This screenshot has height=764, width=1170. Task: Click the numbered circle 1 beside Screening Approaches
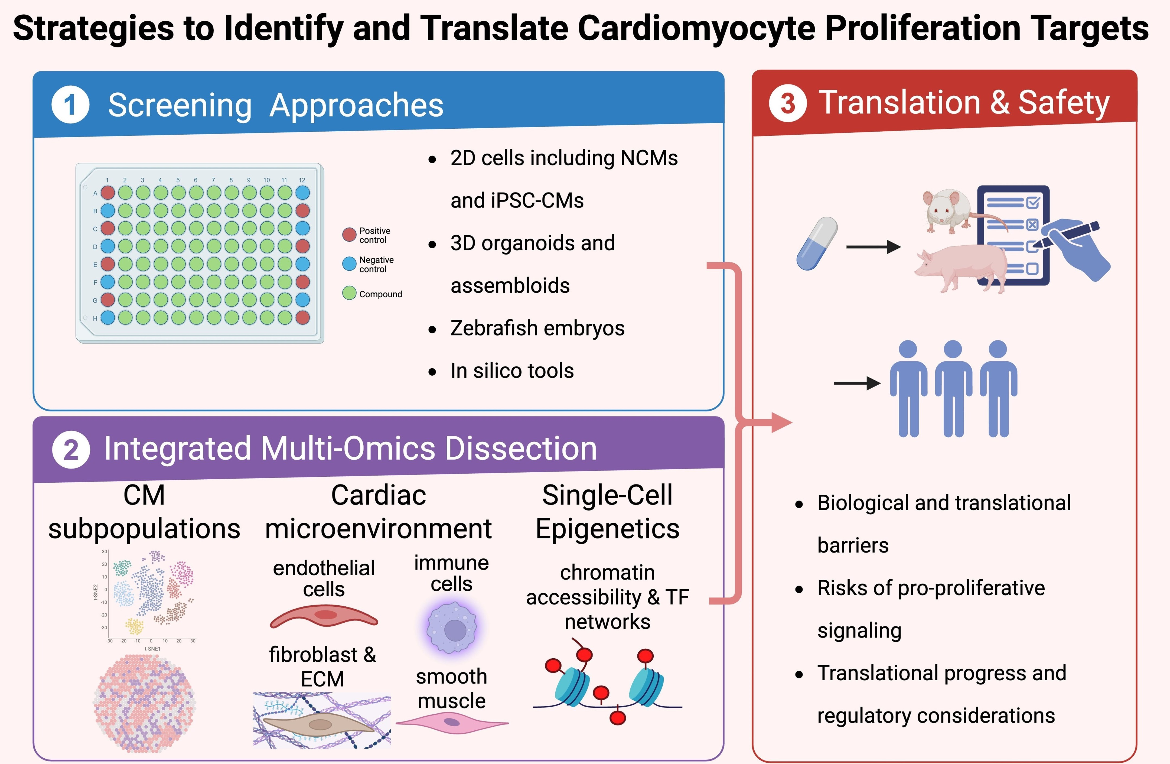[x=70, y=105]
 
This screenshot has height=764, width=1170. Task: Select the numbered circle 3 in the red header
[x=788, y=103]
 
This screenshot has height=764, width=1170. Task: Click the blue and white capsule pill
[x=817, y=243]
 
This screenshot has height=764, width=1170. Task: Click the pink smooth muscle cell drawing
[x=452, y=723]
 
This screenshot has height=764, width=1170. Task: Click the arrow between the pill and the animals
[x=873, y=247]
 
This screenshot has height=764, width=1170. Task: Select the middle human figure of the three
[x=953, y=388]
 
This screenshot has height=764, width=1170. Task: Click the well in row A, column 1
[x=108, y=193]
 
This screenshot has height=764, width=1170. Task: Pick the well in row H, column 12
[x=302, y=318]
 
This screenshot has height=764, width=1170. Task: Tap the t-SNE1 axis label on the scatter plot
[x=152, y=649]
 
